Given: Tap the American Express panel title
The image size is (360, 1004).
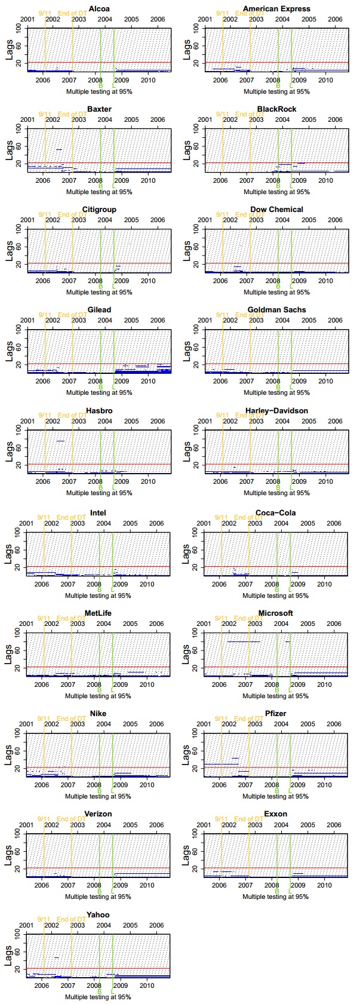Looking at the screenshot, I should tap(276, 8).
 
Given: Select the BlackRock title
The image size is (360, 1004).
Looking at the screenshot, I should tap(276, 109).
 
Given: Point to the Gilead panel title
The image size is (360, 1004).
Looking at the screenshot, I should tap(99, 309).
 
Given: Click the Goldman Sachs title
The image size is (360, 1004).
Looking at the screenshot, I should tap(276, 309).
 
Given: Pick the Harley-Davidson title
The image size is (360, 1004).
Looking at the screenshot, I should tap(276, 410).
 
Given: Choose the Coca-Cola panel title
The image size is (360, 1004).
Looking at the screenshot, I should tap(275, 512).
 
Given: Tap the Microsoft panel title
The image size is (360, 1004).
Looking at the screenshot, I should tap(275, 613).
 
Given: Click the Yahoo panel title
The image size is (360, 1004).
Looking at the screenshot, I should tap(98, 914).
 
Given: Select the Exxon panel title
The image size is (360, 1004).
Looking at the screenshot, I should tap(275, 813).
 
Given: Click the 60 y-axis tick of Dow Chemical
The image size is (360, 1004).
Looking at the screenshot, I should tap(198, 246).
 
